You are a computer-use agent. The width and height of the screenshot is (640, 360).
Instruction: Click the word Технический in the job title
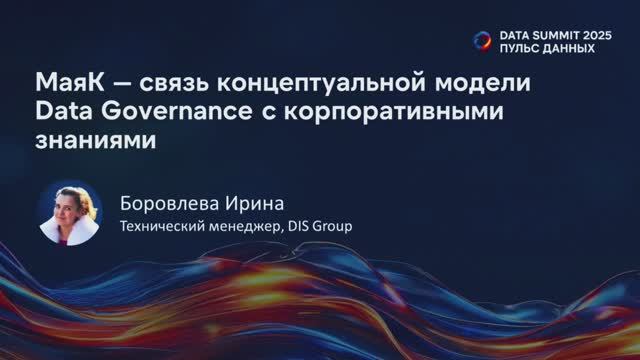(x=162, y=225)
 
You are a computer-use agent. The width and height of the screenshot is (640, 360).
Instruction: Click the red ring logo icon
(x=482, y=40)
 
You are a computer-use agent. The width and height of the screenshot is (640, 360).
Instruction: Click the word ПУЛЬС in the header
(x=520, y=47)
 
